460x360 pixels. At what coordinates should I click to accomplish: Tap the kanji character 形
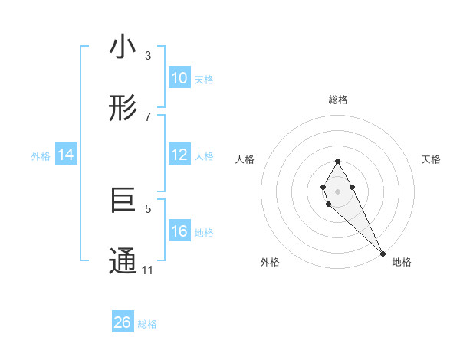[x=123, y=110]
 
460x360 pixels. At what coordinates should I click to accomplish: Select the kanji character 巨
[x=123, y=201]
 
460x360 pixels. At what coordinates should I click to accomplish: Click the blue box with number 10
[x=179, y=78]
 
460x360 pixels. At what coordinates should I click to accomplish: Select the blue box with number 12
[x=179, y=155]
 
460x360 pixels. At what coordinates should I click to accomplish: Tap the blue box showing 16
[x=179, y=231]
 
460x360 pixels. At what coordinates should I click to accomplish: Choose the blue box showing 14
[x=66, y=155]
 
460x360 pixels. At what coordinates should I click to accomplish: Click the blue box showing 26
[x=123, y=322]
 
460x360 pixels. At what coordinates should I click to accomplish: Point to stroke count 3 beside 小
[x=148, y=56]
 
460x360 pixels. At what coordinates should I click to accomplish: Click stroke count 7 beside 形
[x=148, y=116]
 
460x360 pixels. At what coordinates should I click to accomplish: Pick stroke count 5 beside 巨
[x=148, y=208]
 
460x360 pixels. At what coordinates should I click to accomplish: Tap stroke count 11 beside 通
[x=148, y=270]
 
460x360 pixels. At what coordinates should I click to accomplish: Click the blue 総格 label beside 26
[x=147, y=324]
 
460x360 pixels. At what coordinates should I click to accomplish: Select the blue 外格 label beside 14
[x=41, y=156]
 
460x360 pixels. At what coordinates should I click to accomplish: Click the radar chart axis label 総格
[x=338, y=100]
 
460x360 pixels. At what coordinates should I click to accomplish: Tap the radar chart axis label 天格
[x=432, y=159]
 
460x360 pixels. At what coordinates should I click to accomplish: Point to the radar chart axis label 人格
[x=245, y=159]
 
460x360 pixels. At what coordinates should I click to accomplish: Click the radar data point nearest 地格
[x=383, y=254]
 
